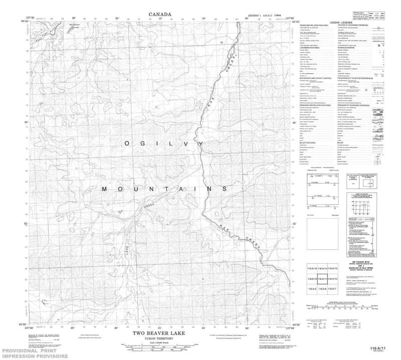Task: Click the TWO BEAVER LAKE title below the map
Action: click(161, 333)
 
